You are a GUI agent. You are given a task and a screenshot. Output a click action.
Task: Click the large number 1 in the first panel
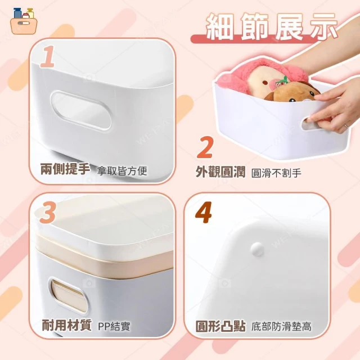[x=48, y=56]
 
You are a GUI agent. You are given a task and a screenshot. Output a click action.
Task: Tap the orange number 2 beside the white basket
[x=205, y=147]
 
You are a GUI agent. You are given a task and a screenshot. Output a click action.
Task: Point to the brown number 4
[x=204, y=213]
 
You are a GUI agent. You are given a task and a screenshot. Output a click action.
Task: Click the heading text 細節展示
[x=272, y=26]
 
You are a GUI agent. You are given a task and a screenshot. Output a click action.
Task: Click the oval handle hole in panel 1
[x=80, y=110]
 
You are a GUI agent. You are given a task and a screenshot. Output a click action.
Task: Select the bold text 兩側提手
[x=65, y=169]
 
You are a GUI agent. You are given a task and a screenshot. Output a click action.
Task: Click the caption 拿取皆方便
[x=122, y=171]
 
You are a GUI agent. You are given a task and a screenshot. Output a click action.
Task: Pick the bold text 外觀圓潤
[x=220, y=172]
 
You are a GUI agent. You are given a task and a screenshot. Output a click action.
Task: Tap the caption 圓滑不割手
[x=276, y=173]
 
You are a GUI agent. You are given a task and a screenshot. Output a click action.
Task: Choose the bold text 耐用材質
[x=66, y=325]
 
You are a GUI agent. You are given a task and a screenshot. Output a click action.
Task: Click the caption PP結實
[x=114, y=326]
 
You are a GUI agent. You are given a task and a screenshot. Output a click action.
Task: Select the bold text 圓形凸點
[x=220, y=326]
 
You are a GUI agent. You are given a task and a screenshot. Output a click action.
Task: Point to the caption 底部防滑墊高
[x=281, y=326]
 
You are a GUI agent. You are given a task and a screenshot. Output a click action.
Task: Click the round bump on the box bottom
[x=257, y=249]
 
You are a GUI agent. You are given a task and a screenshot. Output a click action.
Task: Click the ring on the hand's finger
[x=345, y=125]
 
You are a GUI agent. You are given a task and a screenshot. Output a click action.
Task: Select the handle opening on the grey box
[x=68, y=295]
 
